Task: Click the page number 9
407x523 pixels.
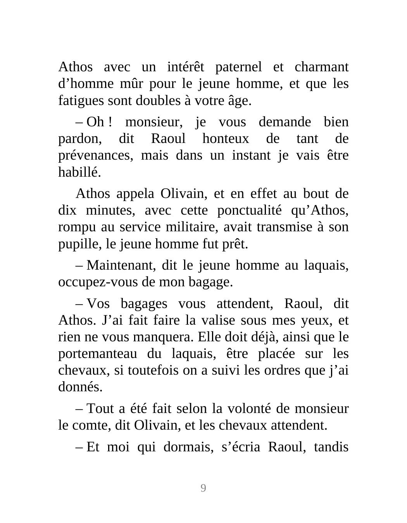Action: coord(203,488)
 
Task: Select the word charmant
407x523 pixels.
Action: coord(321,67)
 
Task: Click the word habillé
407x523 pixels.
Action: coord(79,172)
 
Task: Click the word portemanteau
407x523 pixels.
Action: coord(97,354)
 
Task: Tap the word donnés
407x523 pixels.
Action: coord(80,387)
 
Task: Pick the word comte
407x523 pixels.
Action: coord(91,425)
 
